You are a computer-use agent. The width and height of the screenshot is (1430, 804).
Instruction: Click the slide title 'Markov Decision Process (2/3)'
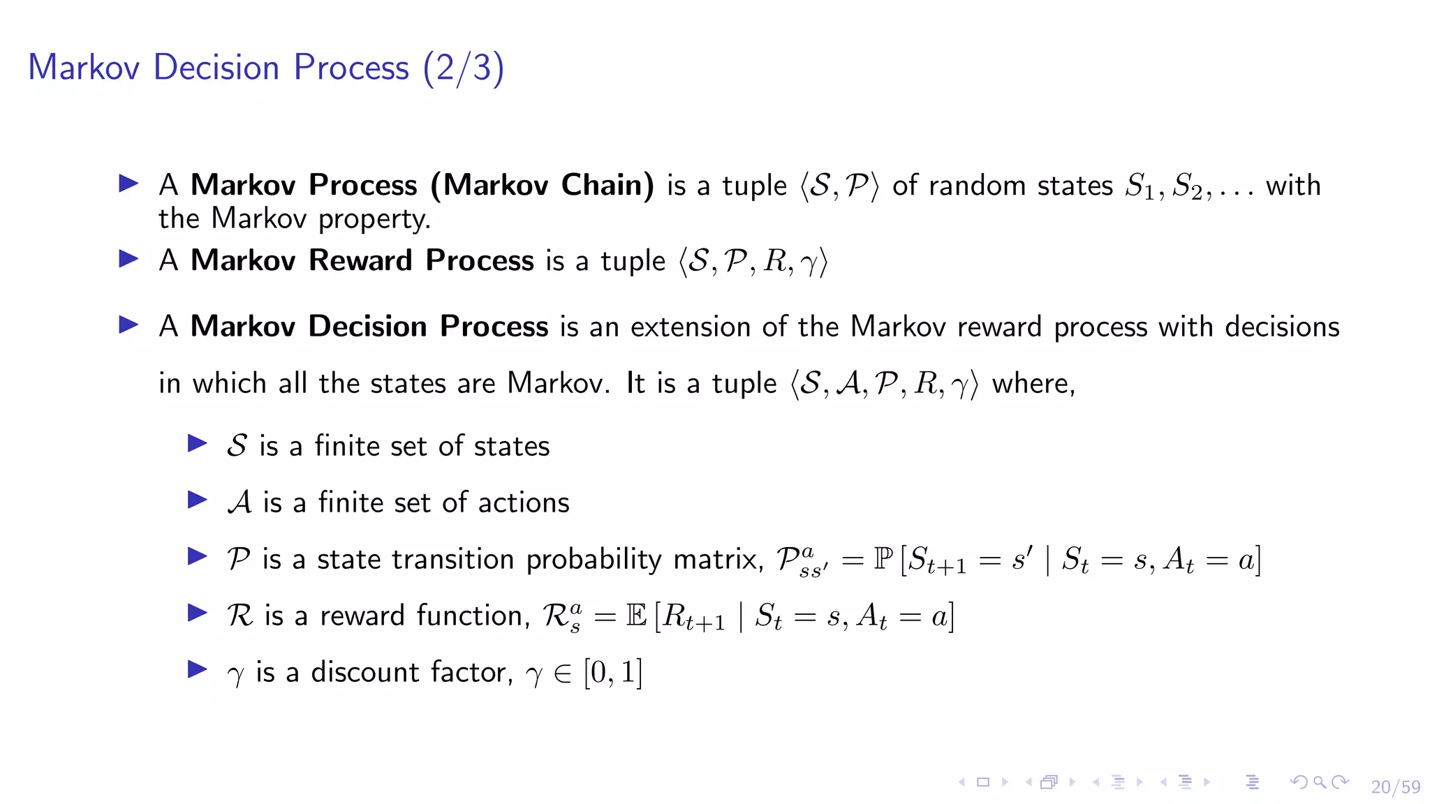point(265,68)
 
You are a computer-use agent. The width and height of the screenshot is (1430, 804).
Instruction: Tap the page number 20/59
point(1395,787)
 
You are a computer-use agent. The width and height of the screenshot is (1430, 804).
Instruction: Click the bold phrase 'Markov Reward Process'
point(362,260)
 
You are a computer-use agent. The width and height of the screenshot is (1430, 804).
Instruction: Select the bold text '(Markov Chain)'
point(542,185)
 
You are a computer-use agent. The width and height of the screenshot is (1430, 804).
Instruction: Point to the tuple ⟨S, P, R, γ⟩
point(753,262)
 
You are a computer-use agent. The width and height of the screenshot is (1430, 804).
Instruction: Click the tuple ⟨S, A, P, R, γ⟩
point(884,384)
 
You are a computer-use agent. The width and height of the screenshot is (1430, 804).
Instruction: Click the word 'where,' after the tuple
point(1033,384)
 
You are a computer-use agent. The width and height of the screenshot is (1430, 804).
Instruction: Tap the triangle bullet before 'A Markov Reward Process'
point(128,260)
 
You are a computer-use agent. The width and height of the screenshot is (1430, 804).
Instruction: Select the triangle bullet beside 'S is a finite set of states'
point(198,444)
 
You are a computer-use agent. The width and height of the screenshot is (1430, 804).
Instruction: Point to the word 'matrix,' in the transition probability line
point(718,560)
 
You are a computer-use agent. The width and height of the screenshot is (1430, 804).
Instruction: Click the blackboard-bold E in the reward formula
point(636,616)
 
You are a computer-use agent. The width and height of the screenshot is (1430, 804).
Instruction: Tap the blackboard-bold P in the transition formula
point(883,559)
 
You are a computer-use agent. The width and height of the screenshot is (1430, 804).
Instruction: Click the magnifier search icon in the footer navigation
point(1319,782)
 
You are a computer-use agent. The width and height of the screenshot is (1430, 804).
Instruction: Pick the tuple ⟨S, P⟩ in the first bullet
point(839,186)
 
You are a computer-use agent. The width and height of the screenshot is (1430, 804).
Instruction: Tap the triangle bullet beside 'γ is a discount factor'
point(198,670)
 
